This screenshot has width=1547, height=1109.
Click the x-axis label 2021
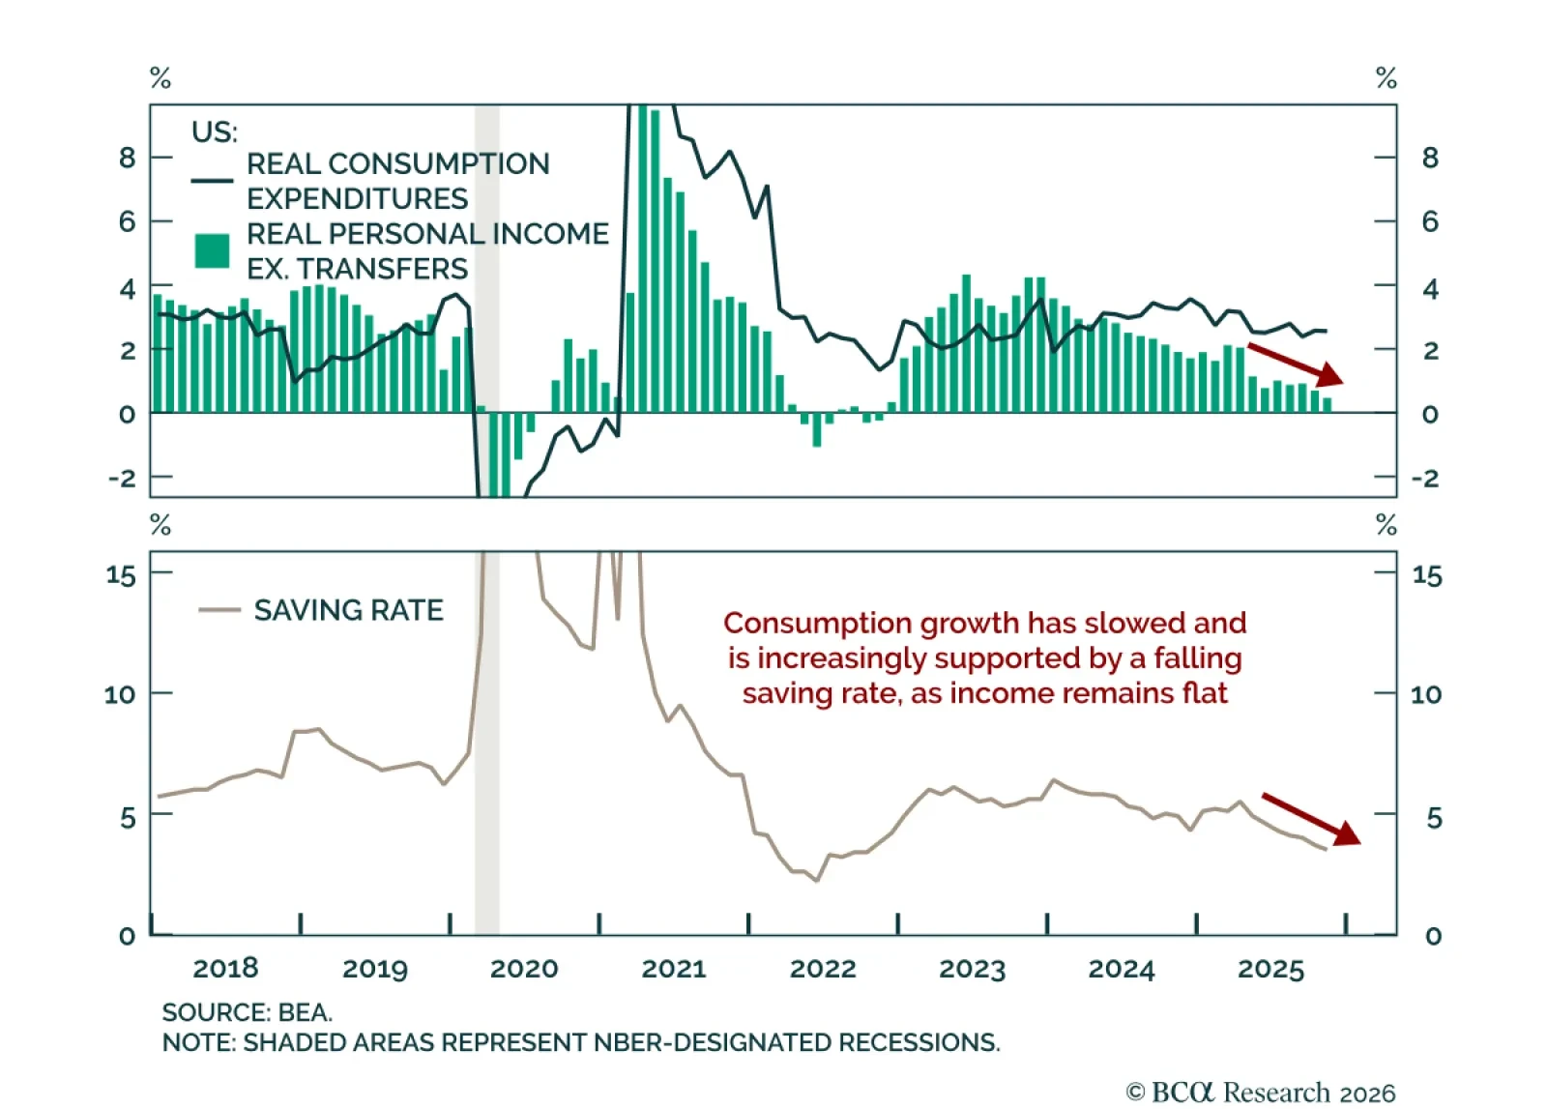click(674, 968)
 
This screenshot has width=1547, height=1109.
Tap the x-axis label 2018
click(225, 968)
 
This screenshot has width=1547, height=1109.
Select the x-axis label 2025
click(1270, 968)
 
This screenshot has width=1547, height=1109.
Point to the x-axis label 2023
click(972, 968)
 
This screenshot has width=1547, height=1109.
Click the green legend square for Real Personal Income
click(212, 250)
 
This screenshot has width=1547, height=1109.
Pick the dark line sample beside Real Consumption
click(212, 180)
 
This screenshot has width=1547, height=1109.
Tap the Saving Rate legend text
click(348, 610)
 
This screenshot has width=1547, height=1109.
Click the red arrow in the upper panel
click(1296, 364)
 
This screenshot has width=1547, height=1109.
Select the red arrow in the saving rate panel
click(1311, 819)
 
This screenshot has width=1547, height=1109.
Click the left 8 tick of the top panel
click(128, 158)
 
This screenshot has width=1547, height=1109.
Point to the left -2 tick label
click(122, 478)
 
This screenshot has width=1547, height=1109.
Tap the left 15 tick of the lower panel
click(121, 575)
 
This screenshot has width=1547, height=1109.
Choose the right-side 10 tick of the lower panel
click(1426, 694)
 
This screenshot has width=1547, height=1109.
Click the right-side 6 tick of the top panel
click(1430, 221)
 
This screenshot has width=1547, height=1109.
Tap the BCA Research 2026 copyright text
click(1261, 1093)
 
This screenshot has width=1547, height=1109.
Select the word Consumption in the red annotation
click(817, 623)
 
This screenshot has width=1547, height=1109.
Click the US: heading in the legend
click(214, 131)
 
